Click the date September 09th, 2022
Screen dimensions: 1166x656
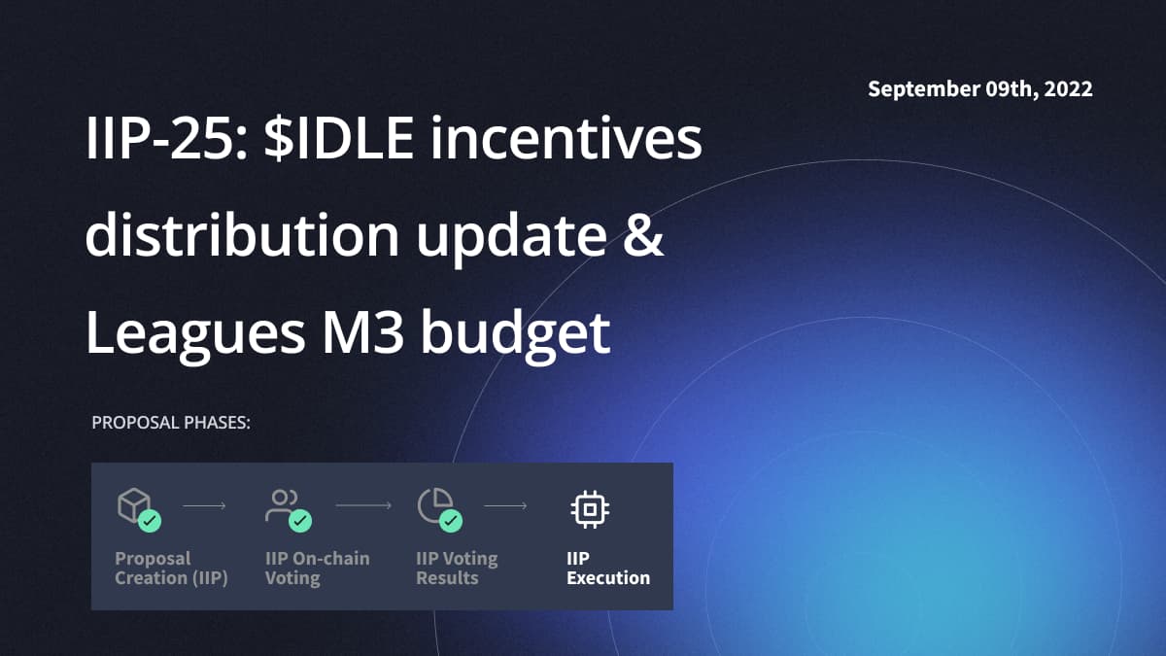(980, 89)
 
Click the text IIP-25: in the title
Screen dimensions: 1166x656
(166, 138)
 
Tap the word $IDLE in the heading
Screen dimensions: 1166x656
(339, 138)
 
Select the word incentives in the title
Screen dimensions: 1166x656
(566, 138)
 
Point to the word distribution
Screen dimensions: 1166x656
(243, 234)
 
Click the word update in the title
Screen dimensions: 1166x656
(511, 239)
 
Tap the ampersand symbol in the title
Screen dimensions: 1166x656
(643, 235)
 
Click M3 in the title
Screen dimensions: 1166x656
(362, 331)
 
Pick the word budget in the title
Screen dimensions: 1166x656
(515, 336)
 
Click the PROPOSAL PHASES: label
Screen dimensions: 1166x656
(171, 422)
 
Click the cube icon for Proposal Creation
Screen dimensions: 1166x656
(134, 504)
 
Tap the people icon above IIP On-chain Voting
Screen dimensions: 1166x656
(281, 505)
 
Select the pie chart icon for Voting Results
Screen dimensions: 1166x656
(434, 505)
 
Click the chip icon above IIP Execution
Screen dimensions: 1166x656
(590, 509)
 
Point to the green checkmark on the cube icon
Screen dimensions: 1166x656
(150, 521)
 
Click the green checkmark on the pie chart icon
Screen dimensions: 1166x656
(451, 521)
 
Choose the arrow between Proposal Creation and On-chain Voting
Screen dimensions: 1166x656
(204, 505)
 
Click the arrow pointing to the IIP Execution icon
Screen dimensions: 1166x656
(505, 505)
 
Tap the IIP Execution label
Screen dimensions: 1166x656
(608, 568)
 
